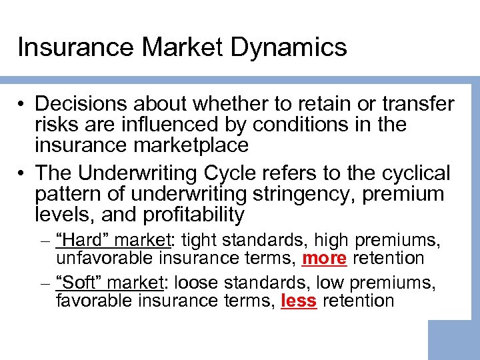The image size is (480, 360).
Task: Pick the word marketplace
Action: [x=193, y=145]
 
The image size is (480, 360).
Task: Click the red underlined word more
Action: [x=325, y=258]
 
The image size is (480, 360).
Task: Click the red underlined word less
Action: [x=299, y=301]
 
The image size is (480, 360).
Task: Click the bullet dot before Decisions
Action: [x=23, y=105]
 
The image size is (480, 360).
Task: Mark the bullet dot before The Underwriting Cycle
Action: [x=23, y=174]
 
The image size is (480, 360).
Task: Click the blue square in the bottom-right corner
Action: [x=453, y=340]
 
